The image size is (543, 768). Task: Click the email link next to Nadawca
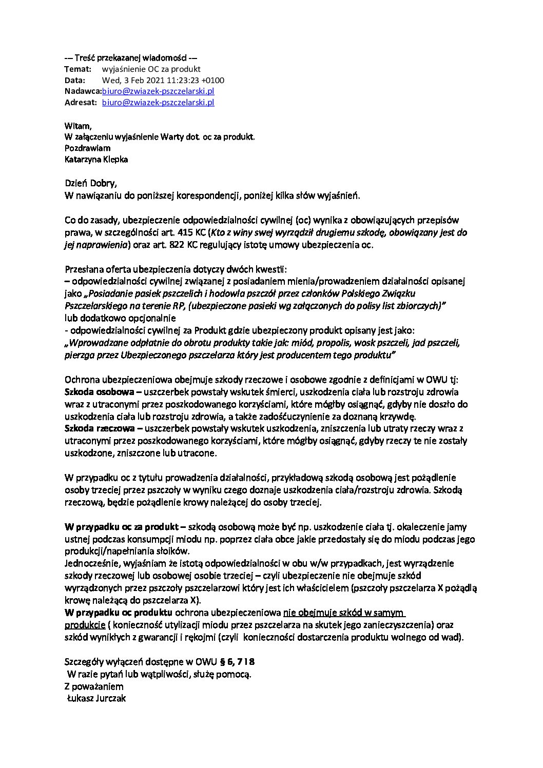pyautogui.click(x=158, y=91)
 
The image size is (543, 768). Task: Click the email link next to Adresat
pyautogui.click(x=158, y=103)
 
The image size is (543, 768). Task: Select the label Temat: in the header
pyautogui.click(x=78, y=69)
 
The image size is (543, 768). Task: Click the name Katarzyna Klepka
pyautogui.click(x=96, y=160)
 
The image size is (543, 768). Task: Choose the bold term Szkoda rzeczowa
pyautogui.click(x=94, y=428)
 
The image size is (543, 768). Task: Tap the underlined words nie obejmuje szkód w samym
pyautogui.click(x=344, y=613)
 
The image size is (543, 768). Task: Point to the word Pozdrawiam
pyautogui.click(x=87, y=148)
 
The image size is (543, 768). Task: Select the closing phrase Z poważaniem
pyautogui.click(x=94, y=686)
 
